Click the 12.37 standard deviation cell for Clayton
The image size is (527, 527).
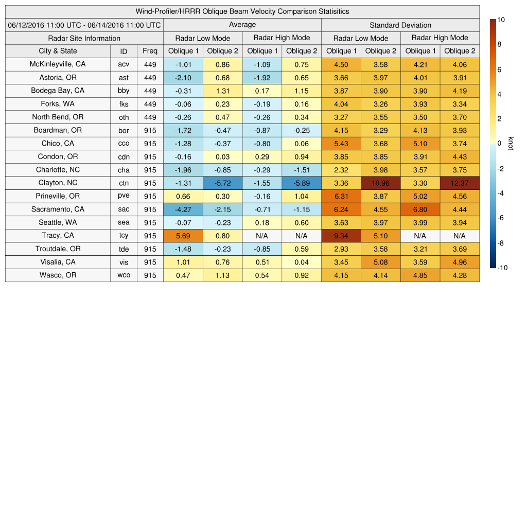click(460, 183)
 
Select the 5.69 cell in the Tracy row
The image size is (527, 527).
click(183, 236)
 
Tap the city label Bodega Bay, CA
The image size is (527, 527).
click(58, 91)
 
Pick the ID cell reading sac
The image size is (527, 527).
click(124, 209)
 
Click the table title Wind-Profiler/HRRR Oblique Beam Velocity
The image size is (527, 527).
click(242, 11)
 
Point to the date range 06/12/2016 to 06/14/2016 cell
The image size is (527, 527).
click(84, 25)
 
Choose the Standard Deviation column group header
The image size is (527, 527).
click(400, 25)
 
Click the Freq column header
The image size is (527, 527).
click(150, 51)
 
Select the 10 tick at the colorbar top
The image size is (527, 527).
click(501, 20)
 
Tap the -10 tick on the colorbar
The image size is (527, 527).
click(502, 268)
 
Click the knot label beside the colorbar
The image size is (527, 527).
click(511, 143)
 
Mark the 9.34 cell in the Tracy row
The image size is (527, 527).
click(341, 236)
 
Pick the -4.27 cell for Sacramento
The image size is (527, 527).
click(183, 209)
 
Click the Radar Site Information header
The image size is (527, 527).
click(84, 38)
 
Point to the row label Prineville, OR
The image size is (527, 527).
click(58, 196)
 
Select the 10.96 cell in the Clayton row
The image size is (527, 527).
click(381, 183)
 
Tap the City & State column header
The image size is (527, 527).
click(58, 51)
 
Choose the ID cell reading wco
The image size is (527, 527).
click(124, 275)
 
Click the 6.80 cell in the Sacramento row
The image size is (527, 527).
click(420, 209)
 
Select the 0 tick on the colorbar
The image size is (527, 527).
click(499, 144)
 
